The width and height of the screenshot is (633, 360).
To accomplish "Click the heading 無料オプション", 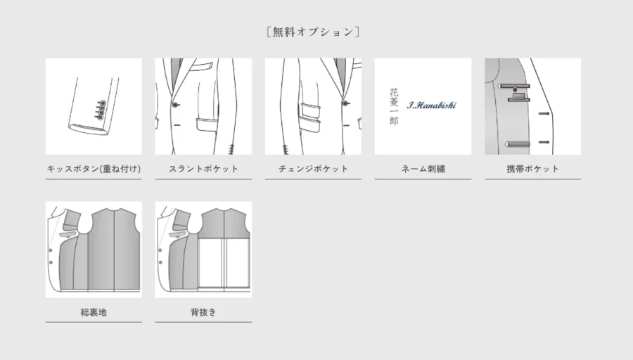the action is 313,32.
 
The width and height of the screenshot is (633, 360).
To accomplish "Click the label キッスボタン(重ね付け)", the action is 94,169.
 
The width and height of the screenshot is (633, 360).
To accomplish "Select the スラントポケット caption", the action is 203,169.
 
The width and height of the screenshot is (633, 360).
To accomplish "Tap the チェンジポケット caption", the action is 313,169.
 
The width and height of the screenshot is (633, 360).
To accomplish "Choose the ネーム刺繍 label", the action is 423,169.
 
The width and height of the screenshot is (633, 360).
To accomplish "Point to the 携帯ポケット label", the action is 533,169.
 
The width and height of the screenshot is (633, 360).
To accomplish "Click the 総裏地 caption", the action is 94,312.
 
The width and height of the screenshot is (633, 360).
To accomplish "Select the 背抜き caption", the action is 203,312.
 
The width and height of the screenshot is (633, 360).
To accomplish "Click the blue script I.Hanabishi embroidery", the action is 432,105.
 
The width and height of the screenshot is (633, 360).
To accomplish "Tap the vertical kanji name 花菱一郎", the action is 394,107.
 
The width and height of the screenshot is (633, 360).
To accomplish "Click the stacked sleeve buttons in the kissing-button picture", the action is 101,110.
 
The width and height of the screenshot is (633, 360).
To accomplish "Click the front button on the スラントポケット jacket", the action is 175,105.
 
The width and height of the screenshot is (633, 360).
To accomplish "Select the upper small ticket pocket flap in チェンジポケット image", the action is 310,108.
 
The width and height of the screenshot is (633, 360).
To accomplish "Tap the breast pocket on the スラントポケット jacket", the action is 203,66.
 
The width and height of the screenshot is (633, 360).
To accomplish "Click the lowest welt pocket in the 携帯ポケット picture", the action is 518,143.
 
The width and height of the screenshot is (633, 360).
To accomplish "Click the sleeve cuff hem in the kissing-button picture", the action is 89,129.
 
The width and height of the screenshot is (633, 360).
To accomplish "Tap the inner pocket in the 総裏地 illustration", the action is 69,234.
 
